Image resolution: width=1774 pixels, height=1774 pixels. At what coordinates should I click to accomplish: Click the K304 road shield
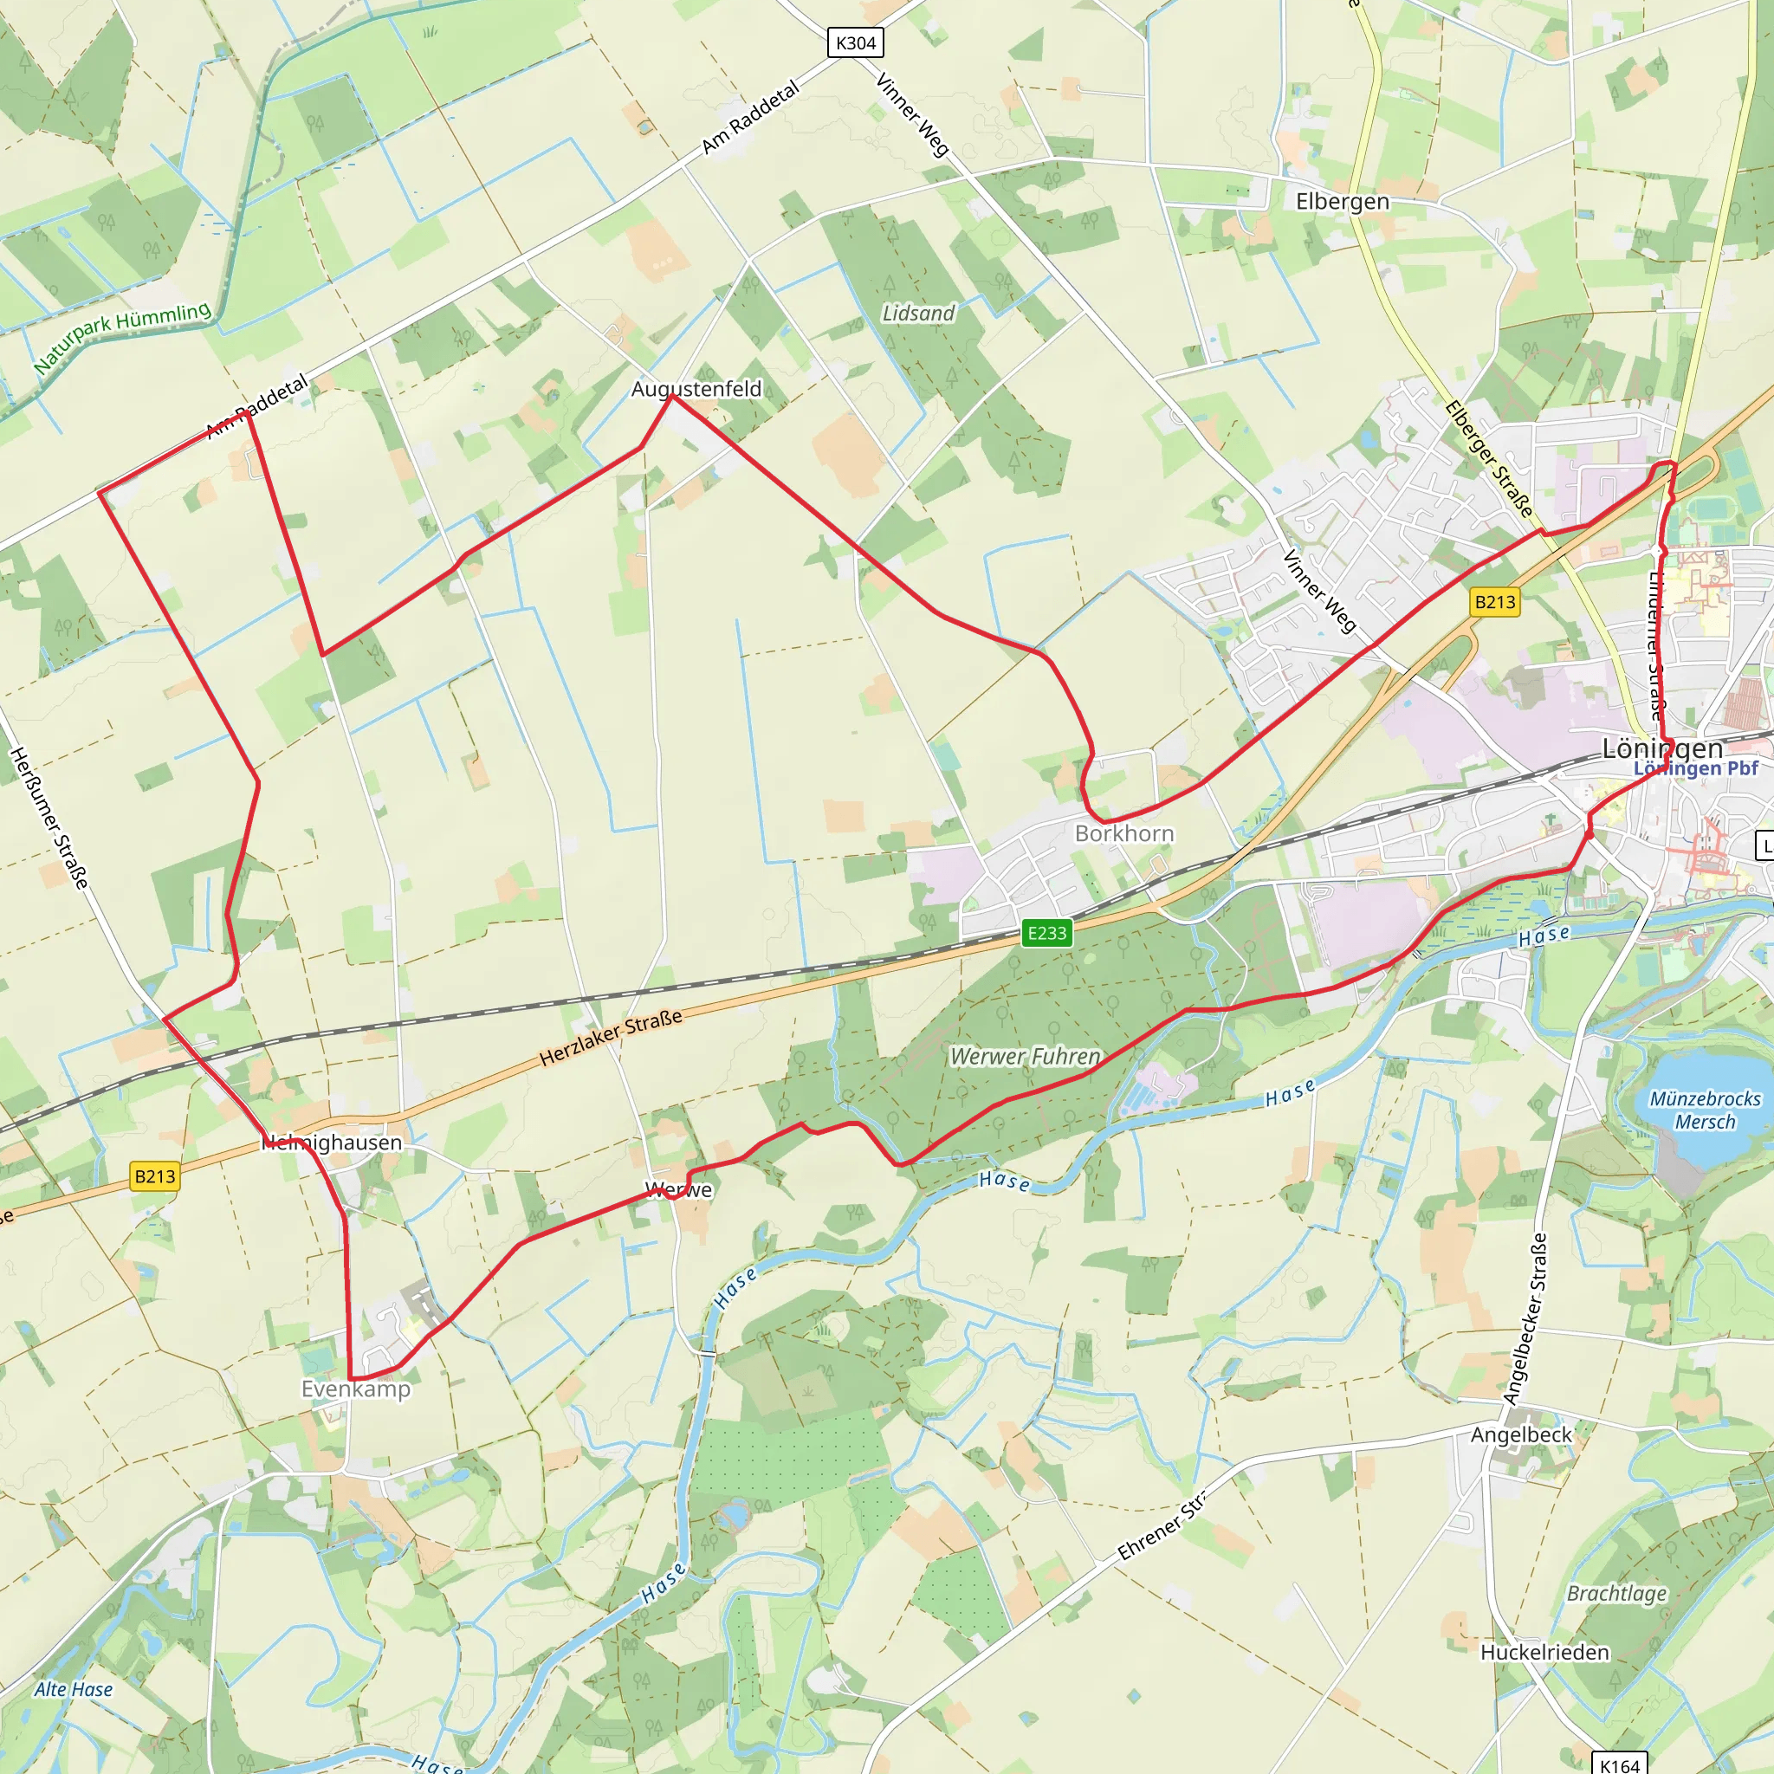click(855, 42)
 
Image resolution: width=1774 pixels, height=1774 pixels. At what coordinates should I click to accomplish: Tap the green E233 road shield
click(1046, 933)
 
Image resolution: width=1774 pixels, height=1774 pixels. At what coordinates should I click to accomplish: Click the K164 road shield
click(1619, 1764)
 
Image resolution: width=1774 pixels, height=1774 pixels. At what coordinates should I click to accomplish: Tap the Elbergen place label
click(1342, 201)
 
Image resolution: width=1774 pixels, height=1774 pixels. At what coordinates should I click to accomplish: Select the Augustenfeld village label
click(696, 388)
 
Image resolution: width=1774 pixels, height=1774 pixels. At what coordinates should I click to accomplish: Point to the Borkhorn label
click(1123, 832)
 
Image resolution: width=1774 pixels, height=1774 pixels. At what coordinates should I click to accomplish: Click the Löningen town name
click(1662, 748)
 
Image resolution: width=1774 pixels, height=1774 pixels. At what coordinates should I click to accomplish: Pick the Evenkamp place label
click(356, 1389)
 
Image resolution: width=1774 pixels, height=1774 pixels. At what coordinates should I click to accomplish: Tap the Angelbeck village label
click(1521, 1434)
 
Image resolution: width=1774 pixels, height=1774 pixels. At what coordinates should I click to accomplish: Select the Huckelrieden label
click(1544, 1652)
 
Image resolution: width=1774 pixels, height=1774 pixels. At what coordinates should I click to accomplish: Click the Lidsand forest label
click(918, 313)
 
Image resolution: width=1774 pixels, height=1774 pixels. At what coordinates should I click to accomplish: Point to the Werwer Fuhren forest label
click(1025, 1056)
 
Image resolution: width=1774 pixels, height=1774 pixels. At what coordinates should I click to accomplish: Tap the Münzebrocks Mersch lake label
click(1705, 1110)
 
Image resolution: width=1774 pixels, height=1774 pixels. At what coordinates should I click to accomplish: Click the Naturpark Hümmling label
click(122, 337)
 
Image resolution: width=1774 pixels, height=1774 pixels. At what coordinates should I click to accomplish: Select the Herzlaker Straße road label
click(611, 1038)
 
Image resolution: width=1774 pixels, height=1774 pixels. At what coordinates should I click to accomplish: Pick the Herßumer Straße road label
click(49, 818)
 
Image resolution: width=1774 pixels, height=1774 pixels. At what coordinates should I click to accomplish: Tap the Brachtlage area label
click(1616, 1593)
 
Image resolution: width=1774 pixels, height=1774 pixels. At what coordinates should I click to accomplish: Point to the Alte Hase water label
click(74, 1688)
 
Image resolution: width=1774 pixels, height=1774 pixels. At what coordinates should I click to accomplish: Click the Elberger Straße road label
click(1488, 459)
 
